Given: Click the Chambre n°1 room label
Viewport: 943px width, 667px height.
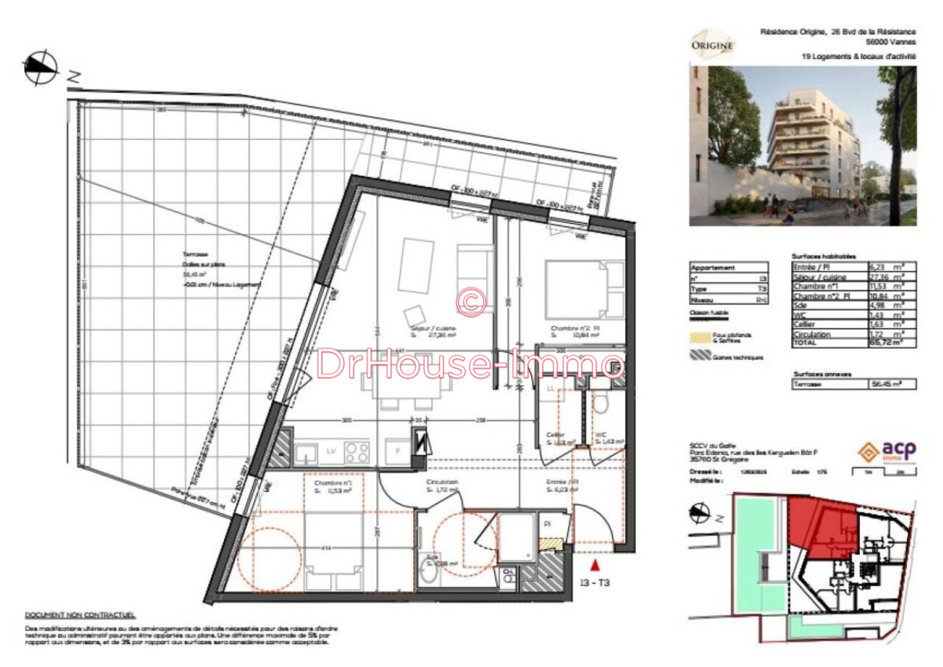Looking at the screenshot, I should pos(333,483).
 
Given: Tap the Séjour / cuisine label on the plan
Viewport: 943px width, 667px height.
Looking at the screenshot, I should pos(433,329).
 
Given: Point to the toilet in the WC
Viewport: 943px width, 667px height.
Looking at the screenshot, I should pos(601,404).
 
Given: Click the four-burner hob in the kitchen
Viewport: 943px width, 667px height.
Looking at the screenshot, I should pos(357,452).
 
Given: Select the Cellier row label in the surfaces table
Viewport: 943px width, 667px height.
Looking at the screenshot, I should pos(804,324).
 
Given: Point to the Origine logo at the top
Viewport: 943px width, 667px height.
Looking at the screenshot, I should pos(712,45).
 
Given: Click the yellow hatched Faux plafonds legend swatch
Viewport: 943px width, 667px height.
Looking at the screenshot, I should pos(700,338).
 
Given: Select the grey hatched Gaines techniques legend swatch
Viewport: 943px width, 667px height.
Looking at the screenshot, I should pos(700,355).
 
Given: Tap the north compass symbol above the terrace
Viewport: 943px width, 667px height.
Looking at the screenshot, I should pos(41,67).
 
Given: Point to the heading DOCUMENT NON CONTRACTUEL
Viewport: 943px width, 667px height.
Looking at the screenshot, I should pos(80,615).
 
